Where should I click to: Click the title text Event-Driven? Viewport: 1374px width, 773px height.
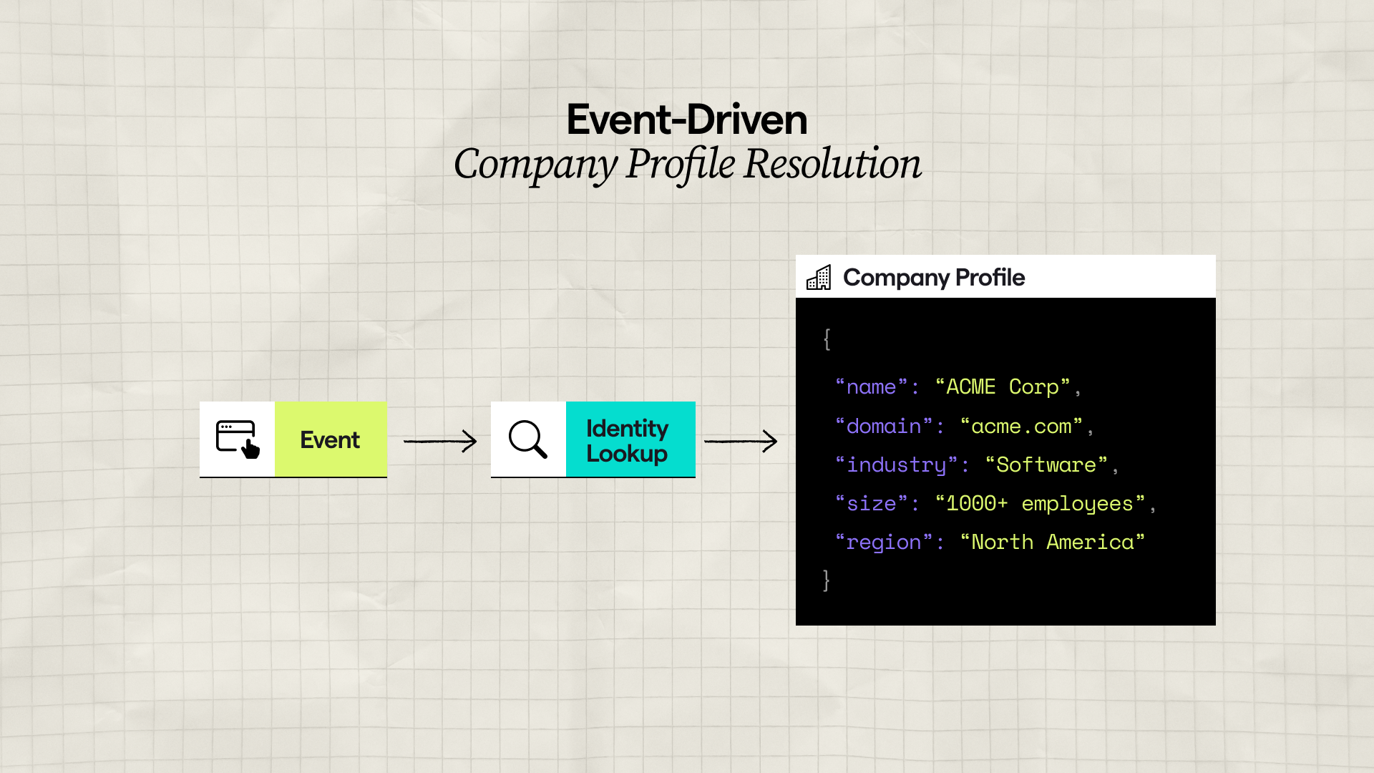(686, 120)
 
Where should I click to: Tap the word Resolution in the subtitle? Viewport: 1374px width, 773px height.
(832, 164)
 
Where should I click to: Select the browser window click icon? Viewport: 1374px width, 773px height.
(238, 439)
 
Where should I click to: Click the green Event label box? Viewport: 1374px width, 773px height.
(331, 439)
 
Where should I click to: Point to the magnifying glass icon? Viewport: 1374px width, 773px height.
(528, 439)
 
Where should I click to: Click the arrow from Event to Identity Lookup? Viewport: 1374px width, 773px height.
(440, 441)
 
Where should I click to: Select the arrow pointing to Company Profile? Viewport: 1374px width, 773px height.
(741, 441)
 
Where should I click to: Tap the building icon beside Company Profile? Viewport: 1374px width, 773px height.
(819, 277)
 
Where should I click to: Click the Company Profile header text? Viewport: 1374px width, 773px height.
(934, 277)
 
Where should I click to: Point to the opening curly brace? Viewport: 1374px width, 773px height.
(827, 339)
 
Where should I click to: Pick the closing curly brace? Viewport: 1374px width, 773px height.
(827, 580)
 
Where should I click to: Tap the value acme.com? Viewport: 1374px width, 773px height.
(1021, 427)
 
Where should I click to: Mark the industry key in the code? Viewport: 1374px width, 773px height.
(896, 465)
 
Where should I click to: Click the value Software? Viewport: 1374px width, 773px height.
(1046, 465)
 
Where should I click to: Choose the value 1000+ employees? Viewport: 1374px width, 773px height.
(1040, 504)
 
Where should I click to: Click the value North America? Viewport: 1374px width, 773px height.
(1052, 543)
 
